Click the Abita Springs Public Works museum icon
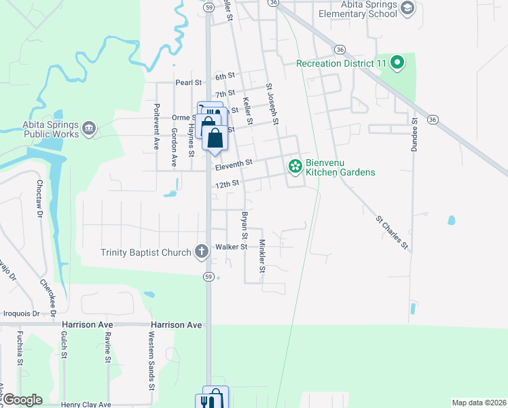[x=90, y=129]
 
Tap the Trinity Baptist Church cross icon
[x=201, y=252]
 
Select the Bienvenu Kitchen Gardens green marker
[x=295, y=166]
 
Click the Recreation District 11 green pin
[x=398, y=64]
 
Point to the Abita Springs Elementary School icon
[x=407, y=8]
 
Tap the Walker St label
[x=231, y=247]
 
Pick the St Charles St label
[x=393, y=233]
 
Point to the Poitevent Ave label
[x=156, y=127]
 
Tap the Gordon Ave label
[x=175, y=147]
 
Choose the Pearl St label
[x=189, y=83]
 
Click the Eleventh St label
[x=234, y=163]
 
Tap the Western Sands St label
[x=151, y=361]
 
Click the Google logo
[x=22, y=400]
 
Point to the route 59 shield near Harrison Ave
[x=210, y=276]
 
